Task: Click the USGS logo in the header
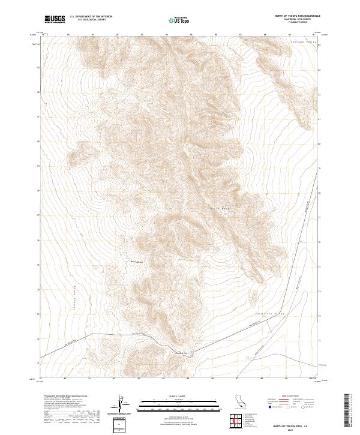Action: coord(55,20)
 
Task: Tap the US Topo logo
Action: coord(180,20)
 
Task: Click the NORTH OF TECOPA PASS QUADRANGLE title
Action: coord(296,16)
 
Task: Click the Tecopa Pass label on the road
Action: coord(182,352)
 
